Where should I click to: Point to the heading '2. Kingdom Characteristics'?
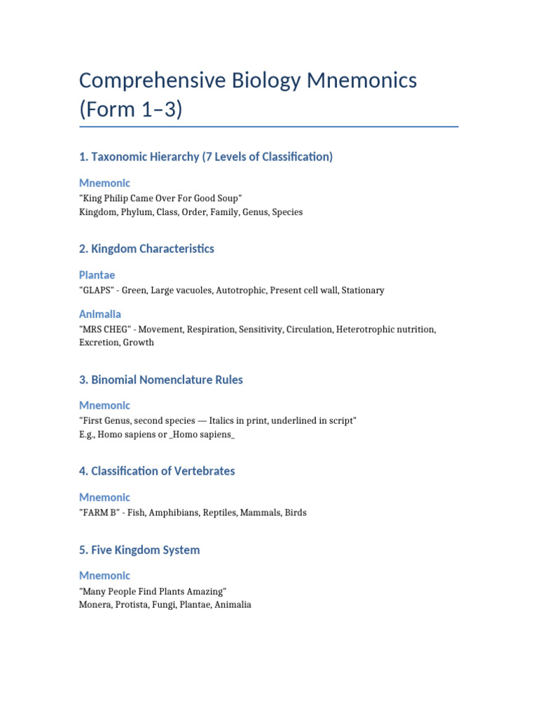[146, 249]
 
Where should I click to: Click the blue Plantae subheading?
[97, 275]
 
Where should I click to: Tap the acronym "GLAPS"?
[97, 290]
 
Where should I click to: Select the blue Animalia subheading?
[99, 314]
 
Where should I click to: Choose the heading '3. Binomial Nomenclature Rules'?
[161, 380]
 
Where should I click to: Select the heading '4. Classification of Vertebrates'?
[157, 471]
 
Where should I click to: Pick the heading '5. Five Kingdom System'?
[139, 550]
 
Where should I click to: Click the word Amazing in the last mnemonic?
[205, 592]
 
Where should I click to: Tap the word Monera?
[95, 605]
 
